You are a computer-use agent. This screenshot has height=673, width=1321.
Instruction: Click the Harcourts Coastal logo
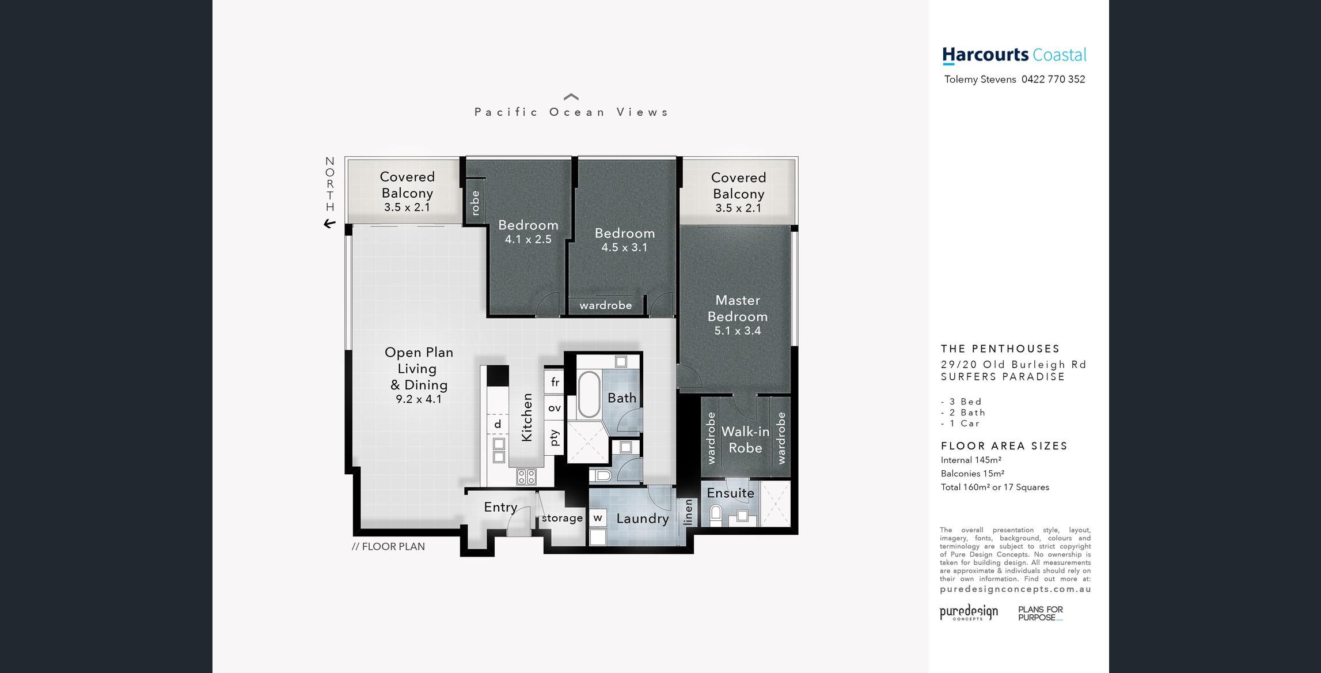[1014, 55]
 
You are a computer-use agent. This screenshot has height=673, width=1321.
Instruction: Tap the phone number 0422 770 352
[1053, 80]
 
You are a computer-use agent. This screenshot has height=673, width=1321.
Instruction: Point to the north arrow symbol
[329, 224]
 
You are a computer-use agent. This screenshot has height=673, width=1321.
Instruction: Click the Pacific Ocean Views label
[571, 112]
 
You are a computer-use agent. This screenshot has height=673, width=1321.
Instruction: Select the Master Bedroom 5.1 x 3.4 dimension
[738, 331]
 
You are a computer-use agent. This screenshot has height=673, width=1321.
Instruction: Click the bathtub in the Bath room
[589, 395]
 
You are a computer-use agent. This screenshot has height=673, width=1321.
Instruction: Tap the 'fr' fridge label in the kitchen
[555, 382]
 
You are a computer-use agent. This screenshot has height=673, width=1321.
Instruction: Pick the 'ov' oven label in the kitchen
[555, 408]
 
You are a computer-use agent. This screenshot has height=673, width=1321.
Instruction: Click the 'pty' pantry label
[555, 438]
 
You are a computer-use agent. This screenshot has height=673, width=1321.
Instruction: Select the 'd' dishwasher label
[498, 424]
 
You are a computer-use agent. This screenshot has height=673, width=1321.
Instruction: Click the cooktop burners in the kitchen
[526, 477]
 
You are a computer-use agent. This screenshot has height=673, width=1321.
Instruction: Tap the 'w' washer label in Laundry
[598, 517]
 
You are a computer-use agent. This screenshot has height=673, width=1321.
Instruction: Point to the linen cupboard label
[688, 512]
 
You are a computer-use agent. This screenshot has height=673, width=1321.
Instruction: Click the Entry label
[500, 507]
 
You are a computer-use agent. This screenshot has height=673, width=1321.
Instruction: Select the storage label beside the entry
[562, 518]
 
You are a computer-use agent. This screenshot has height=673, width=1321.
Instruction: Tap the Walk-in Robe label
[745, 440]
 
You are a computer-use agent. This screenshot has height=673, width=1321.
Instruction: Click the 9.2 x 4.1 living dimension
[419, 399]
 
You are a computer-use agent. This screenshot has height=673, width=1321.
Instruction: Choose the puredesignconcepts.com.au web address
[1015, 589]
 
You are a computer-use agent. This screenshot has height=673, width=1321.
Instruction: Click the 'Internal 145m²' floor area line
[971, 460]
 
